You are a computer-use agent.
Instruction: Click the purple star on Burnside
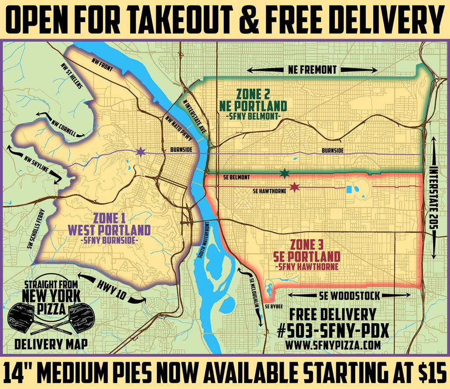point(140,152)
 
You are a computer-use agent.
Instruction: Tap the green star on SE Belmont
point(285,173)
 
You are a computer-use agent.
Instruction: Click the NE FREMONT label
point(312,69)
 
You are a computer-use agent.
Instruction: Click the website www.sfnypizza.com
point(332,345)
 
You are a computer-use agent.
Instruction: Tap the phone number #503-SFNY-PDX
point(332,330)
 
